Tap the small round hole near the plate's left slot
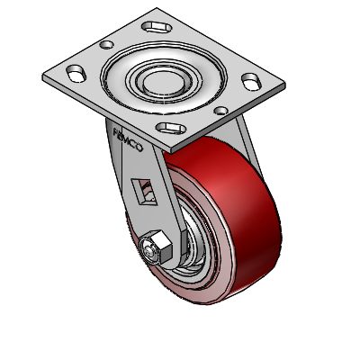(107, 43)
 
